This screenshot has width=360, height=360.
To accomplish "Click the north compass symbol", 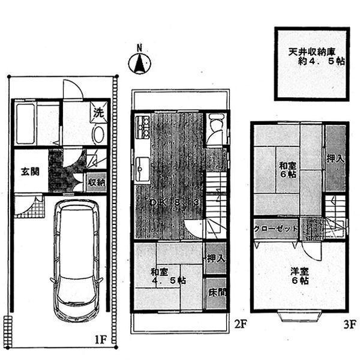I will coord(140,62).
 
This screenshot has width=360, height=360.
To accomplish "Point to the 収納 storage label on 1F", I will coord(97,182).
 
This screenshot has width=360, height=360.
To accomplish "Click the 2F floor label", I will coord(240,326).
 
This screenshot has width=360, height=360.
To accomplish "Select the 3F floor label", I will coord(350,326).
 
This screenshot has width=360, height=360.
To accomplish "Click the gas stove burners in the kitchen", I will coord(144,125).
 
